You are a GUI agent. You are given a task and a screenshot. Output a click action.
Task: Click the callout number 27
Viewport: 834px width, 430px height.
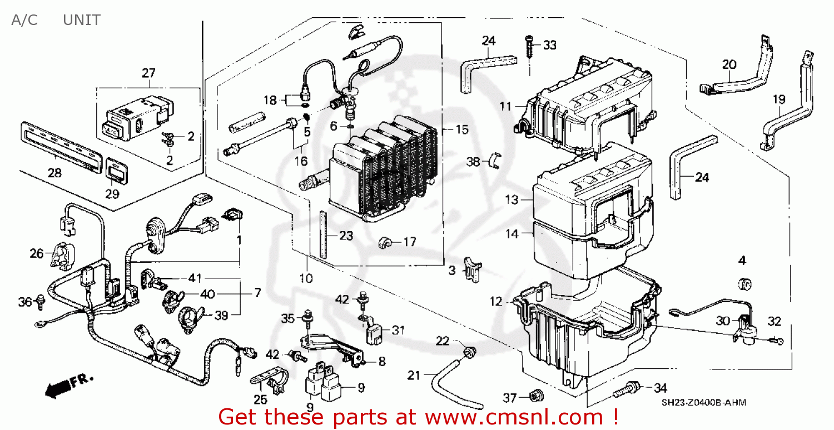[x=148, y=73]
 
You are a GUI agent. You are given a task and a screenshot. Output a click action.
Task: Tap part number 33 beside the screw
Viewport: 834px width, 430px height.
[x=549, y=45]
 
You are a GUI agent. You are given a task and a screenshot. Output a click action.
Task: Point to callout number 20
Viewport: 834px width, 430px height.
[x=729, y=64]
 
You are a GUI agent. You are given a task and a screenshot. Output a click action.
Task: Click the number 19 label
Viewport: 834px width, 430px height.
[x=779, y=99]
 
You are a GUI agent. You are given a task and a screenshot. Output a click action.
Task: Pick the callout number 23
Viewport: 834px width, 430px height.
[x=346, y=236]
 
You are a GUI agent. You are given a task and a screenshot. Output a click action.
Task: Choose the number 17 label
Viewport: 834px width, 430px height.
[x=409, y=242]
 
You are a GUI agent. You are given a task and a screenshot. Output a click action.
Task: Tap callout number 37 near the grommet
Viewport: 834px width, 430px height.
[x=510, y=397]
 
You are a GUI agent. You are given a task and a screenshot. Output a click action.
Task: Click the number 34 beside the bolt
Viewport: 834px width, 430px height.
[x=660, y=387]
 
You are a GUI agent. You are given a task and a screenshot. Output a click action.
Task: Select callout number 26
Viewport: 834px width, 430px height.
[x=36, y=254]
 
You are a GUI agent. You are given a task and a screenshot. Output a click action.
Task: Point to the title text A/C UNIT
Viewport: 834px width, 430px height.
[x=55, y=21]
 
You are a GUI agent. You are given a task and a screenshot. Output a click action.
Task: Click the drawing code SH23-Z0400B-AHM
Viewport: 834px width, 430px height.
[x=703, y=403]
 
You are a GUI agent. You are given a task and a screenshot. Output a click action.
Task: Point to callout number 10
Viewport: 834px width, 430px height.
[x=306, y=277]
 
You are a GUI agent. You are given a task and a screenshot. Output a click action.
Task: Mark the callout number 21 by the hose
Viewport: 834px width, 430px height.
[x=414, y=376]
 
